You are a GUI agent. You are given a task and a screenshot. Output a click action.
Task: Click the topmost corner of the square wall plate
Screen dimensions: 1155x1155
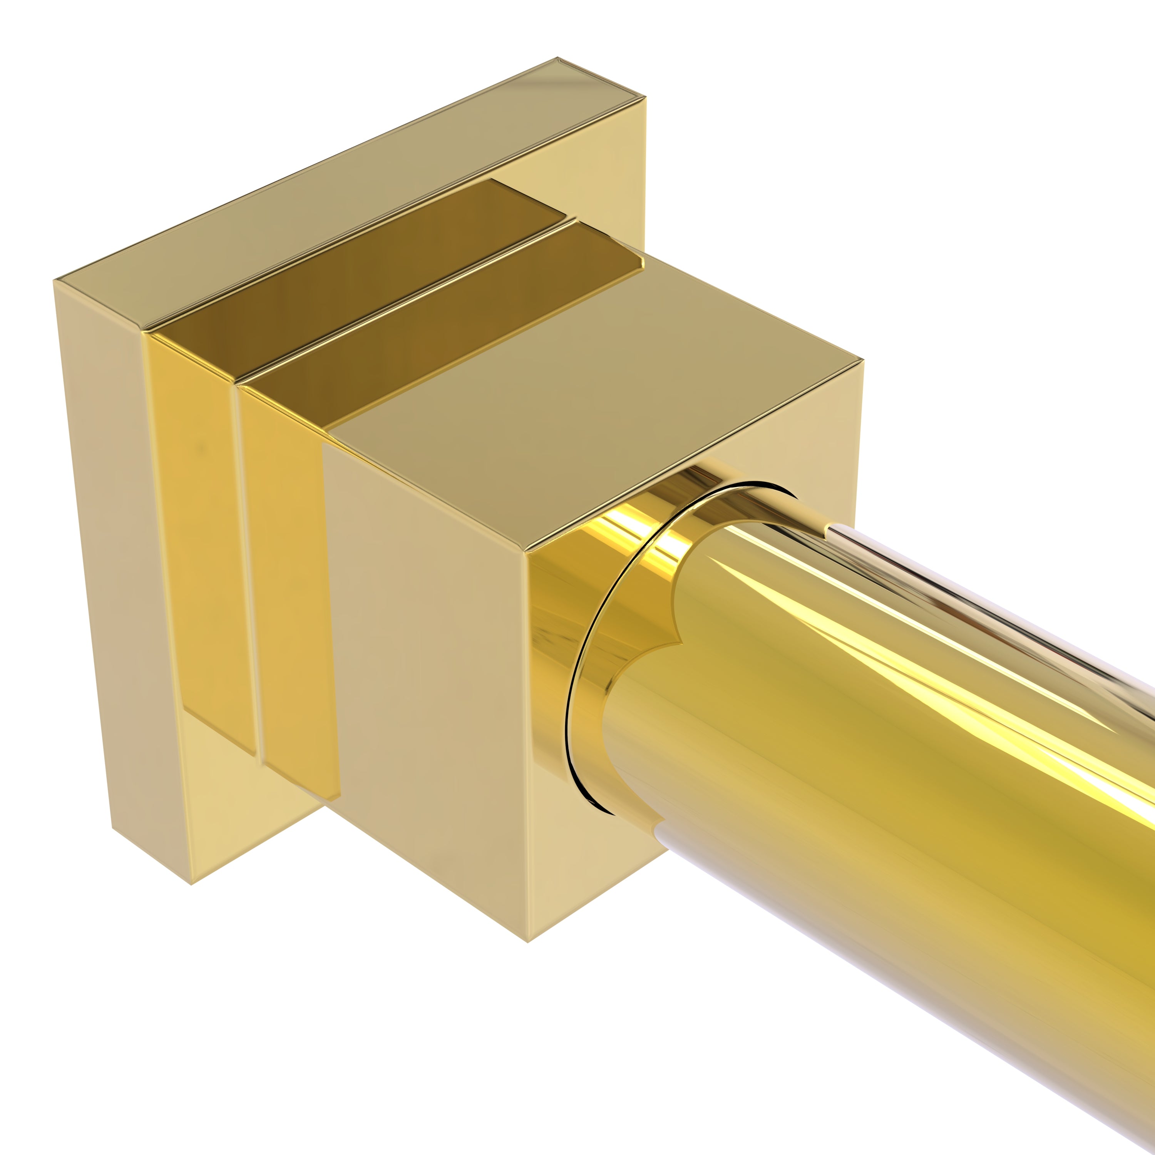558,58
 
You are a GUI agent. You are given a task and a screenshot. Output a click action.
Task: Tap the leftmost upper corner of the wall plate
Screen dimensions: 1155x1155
54,280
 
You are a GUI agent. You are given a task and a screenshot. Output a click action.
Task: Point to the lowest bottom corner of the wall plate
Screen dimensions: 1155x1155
191,884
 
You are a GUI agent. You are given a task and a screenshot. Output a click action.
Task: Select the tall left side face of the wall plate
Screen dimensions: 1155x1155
114,538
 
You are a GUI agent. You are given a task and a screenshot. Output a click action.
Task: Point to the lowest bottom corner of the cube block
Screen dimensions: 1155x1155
527,942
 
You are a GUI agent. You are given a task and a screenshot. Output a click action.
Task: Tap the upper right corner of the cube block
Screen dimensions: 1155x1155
863,360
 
